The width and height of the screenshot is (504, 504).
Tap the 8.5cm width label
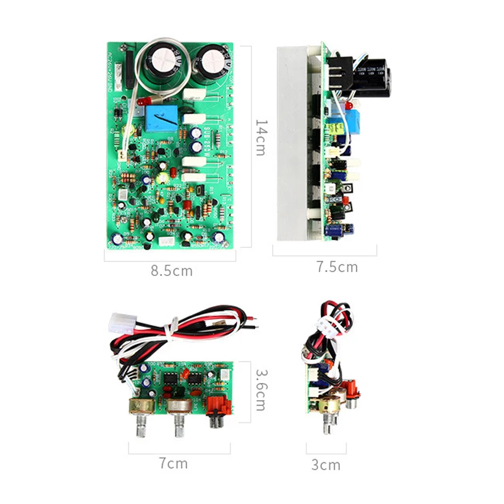[171, 272]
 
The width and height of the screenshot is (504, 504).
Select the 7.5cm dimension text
[336, 267]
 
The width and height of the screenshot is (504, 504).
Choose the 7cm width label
[173, 464]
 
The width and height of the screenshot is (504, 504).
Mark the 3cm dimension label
[326, 466]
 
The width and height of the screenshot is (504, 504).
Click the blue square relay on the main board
[162, 118]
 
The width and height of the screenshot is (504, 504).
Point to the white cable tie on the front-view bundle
[168, 328]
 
